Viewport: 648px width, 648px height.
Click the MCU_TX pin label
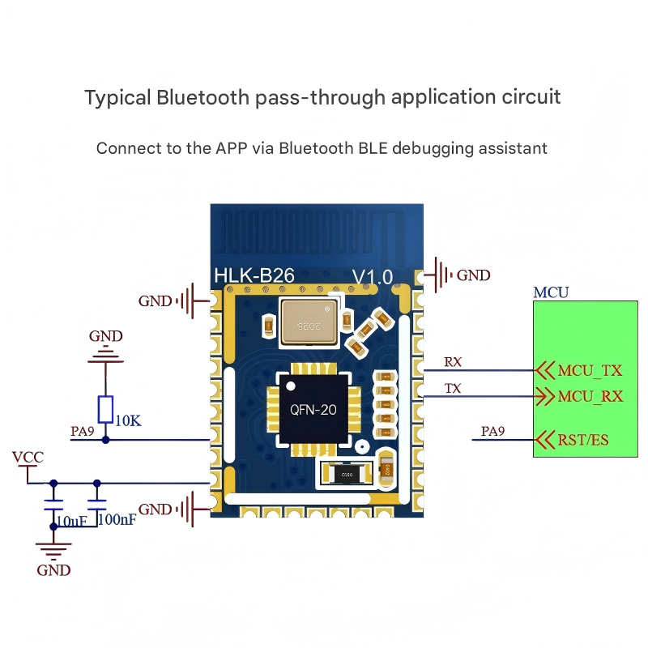point(590,370)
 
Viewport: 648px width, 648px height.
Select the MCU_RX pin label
point(590,397)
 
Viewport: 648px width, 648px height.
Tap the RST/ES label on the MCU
point(582,440)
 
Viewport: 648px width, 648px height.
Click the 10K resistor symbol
point(105,408)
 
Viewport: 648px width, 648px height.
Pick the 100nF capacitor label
point(117,519)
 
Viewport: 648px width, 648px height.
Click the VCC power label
point(28,458)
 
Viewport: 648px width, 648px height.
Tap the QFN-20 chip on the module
point(313,410)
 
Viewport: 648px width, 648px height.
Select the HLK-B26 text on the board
point(254,276)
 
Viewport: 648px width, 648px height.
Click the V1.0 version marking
point(372,277)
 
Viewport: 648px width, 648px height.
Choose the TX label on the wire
point(453,389)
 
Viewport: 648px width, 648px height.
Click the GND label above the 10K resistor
point(106,336)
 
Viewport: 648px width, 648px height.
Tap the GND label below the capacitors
point(53,570)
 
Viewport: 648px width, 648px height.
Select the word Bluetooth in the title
point(202,98)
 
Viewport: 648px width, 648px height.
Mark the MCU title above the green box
point(551,292)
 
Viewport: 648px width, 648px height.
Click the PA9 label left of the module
point(83,432)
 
